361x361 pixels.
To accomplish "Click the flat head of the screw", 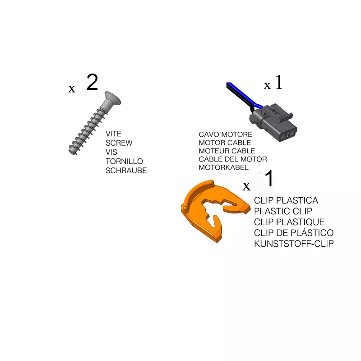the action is [x=112, y=99].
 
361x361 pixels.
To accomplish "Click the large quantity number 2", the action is [x=92, y=82].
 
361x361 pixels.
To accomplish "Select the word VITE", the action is [x=114, y=134].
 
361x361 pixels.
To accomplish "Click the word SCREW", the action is [x=119, y=143].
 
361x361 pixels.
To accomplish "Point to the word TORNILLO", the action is [x=125, y=161].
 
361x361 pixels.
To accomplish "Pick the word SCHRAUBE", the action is [x=126, y=171].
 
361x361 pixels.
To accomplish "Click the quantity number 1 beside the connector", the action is [x=279, y=82].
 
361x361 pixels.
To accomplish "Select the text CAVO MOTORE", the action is [x=225, y=134].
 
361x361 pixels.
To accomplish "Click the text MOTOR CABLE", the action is [x=225, y=143].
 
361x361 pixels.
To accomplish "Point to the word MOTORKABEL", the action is [x=223, y=167].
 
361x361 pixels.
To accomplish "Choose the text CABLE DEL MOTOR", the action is [x=233, y=159].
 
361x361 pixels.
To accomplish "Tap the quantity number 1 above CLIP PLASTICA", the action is [x=269, y=178].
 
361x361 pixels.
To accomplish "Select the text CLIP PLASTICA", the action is [x=286, y=200].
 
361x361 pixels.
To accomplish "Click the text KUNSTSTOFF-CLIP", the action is [x=294, y=244].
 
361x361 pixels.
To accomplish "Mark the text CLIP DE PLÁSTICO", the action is [x=294, y=233].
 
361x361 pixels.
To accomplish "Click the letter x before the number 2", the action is [x=72, y=88].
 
